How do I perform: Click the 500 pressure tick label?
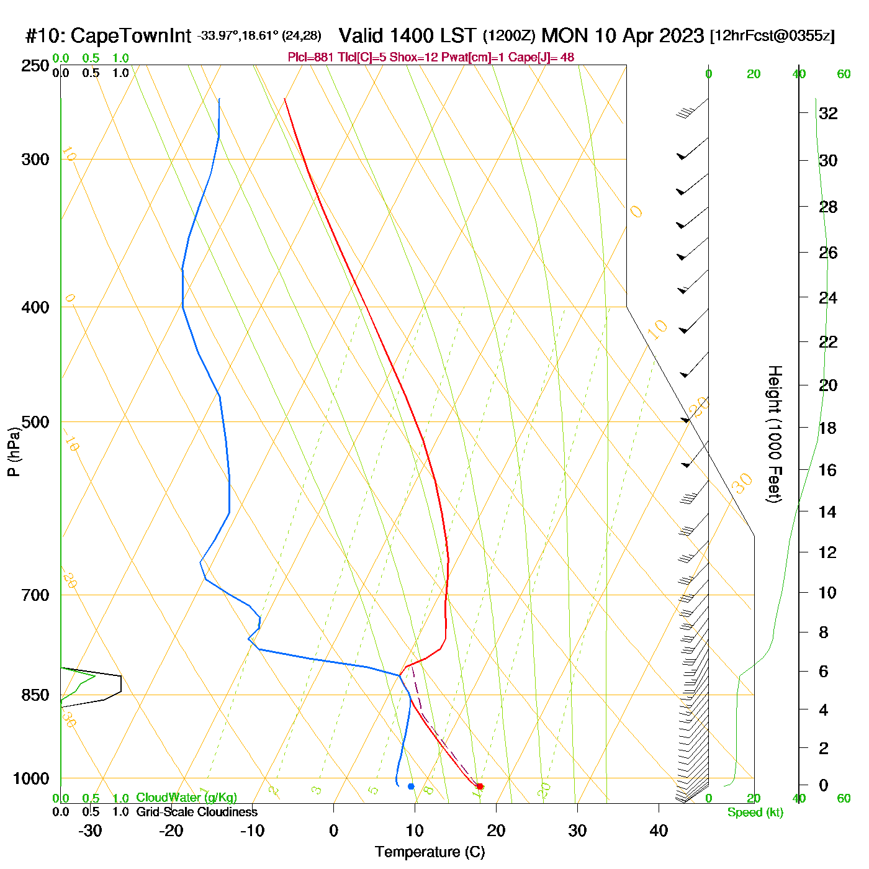[x=35, y=422]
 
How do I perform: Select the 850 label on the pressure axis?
[x=35, y=695]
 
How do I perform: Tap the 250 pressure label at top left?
[x=35, y=66]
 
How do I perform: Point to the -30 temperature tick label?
[x=90, y=831]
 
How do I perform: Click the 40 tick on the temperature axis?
[x=659, y=831]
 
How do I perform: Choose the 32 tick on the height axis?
[x=828, y=113]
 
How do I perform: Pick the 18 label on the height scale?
[x=827, y=428]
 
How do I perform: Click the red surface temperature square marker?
[x=479, y=786]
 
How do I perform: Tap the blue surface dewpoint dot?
[x=411, y=786]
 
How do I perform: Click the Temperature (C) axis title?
[x=430, y=852]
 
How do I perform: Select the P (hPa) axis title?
[x=14, y=452]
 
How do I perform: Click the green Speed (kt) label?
[x=755, y=813]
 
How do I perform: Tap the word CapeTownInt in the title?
[x=131, y=36]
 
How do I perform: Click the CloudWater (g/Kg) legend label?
[x=186, y=798]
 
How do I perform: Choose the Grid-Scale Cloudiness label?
[x=197, y=812]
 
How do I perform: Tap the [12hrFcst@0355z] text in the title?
[x=772, y=36]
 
